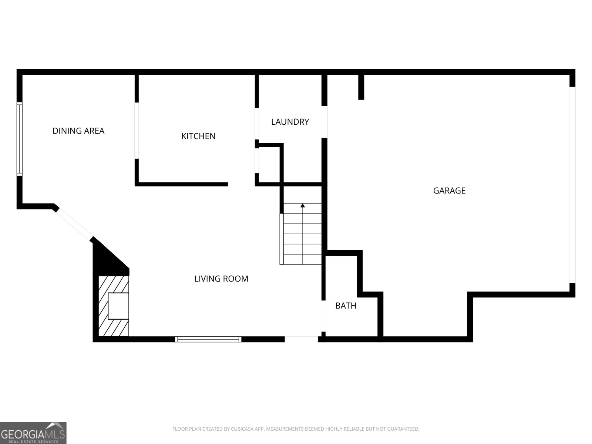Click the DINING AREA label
click(x=78, y=131)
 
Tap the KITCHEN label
click(x=198, y=136)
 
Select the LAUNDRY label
click(x=290, y=122)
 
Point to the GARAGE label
click(x=449, y=191)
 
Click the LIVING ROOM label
click(x=221, y=279)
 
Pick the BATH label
click(x=346, y=306)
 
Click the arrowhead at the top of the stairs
click(x=303, y=205)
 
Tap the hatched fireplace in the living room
click(x=114, y=306)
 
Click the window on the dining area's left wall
click(x=19, y=139)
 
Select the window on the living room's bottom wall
click(x=208, y=339)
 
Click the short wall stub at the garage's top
click(x=361, y=87)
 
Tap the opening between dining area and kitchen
click(x=137, y=131)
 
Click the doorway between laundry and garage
click(x=324, y=122)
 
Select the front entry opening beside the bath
click(x=301, y=339)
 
